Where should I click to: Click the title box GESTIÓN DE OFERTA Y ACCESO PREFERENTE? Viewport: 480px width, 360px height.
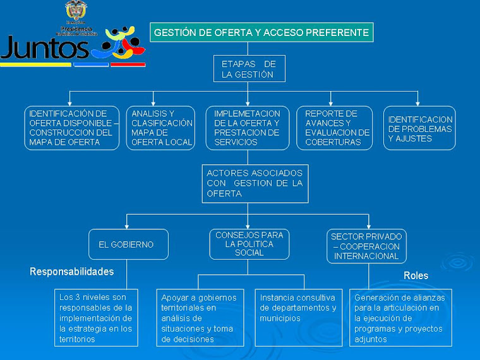pyautogui.click(x=261, y=32)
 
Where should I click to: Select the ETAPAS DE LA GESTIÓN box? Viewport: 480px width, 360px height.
pyautogui.click(x=249, y=69)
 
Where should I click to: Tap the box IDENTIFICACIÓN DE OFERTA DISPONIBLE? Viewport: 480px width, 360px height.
pyautogui.click(x=73, y=128)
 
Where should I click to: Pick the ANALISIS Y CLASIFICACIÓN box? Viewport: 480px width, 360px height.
pyautogui.click(x=161, y=128)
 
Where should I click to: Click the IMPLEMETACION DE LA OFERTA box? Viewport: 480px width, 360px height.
pyautogui.click(x=247, y=128)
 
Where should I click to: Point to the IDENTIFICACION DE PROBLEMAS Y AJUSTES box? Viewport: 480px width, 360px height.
pyautogui.click(x=419, y=128)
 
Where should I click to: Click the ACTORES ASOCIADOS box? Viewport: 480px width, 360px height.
pyautogui.click(x=255, y=183)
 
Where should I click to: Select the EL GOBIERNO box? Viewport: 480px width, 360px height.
pyautogui.click(x=128, y=244)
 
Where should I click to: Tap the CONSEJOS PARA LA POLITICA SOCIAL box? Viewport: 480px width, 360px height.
pyautogui.click(x=249, y=244)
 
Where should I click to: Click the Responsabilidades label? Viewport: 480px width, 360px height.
pyautogui.click(x=72, y=272)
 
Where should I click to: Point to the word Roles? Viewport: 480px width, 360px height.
pyautogui.click(x=416, y=276)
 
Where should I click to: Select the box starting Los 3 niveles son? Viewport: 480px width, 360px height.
pyautogui.click(x=96, y=318)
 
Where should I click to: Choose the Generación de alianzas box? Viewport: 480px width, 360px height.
pyautogui.click(x=400, y=318)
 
